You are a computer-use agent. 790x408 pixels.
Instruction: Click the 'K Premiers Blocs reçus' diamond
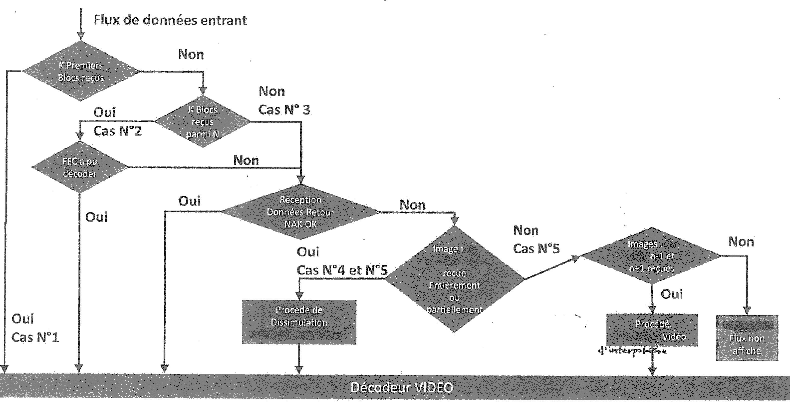(x=81, y=71)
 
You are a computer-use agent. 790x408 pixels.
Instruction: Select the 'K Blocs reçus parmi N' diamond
(x=202, y=121)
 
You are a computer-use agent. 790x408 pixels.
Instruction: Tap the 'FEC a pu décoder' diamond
(x=80, y=167)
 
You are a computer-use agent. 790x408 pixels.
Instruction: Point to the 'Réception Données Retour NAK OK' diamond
(x=300, y=212)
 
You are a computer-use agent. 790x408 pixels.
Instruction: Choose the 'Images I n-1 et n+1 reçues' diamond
(x=651, y=256)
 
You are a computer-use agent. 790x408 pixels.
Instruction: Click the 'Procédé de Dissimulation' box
(x=299, y=322)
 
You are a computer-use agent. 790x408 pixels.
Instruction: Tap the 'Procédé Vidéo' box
(x=652, y=330)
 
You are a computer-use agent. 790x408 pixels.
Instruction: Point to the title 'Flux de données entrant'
(x=170, y=20)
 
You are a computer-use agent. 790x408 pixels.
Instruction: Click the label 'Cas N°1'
(x=35, y=337)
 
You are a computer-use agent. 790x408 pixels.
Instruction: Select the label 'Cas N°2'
(x=117, y=131)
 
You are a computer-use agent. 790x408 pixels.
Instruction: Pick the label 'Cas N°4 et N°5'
(x=342, y=270)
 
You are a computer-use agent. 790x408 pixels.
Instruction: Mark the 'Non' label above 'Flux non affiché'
(x=741, y=242)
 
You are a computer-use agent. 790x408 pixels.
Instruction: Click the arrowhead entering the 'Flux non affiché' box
(x=747, y=311)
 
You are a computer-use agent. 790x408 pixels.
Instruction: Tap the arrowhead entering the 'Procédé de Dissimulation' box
(x=299, y=296)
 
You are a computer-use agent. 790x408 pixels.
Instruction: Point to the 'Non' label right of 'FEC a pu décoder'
(x=246, y=160)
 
